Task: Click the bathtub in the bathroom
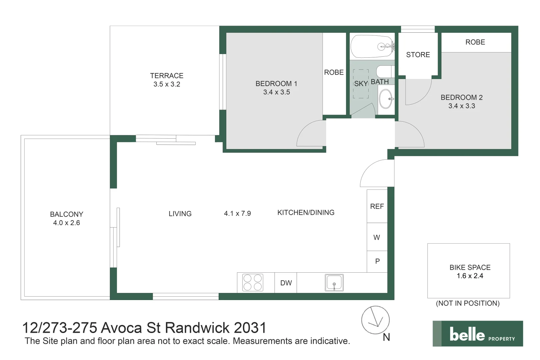click(372, 47)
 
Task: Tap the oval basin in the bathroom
click(386, 99)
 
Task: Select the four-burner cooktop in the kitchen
click(252, 283)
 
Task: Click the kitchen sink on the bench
click(334, 283)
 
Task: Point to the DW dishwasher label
click(286, 283)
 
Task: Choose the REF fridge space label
click(377, 206)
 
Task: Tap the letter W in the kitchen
click(377, 238)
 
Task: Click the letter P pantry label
click(378, 261)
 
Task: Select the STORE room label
click(418, 55)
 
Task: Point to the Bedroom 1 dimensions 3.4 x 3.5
click(277, 92)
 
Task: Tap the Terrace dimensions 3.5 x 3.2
click(167, 84)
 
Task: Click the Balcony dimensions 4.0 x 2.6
click(67, 223)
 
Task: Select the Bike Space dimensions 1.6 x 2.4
click(470, 276)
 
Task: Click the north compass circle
click(375, 320)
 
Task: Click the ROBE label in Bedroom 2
click(475, 42)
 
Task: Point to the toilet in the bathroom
click(385, 71)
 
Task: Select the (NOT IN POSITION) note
click(468, 303)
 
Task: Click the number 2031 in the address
click(250, 328)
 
